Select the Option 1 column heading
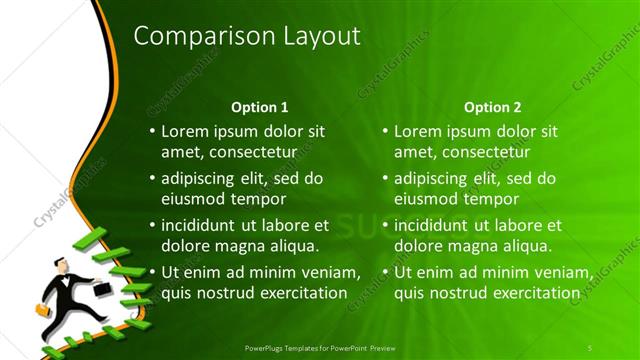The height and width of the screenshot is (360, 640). pyautogui.click(x=260, y=107)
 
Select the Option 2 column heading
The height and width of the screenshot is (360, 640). pyautogui.click(x=493, y=107)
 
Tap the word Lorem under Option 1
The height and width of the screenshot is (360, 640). pyautogui.click(x=185, y=131)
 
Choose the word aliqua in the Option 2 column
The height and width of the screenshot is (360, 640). pyautogui.click(x=527, y=246)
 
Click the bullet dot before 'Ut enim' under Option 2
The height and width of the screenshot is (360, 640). pyautogui.click(x=385, y=273)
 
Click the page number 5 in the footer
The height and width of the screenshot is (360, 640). pyautogui.click(x=590, y=347)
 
